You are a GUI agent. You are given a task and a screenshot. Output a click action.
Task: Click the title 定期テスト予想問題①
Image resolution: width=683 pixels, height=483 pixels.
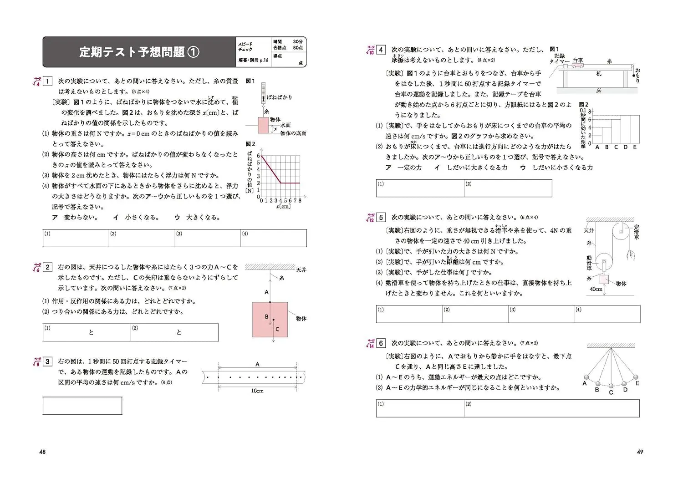point(139,52)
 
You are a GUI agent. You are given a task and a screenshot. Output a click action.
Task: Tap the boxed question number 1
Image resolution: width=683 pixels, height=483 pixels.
point(47,81)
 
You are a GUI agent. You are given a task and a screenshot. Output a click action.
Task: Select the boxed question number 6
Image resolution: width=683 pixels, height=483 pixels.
point(381,343)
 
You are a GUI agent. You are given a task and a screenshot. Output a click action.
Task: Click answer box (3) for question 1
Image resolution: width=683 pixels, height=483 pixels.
point(208,238)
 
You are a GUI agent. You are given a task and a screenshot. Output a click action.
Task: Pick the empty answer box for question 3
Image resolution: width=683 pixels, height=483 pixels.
point(82,406)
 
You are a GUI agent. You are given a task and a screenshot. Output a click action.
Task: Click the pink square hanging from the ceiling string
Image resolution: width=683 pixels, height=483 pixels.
point(270,320)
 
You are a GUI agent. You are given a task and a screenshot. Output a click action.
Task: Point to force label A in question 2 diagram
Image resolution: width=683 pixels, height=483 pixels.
point(267,292)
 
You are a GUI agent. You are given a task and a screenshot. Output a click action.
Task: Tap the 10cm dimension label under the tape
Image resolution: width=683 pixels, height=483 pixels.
point(257,391)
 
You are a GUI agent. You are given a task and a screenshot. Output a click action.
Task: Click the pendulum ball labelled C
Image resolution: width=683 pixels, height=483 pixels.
point(611,386)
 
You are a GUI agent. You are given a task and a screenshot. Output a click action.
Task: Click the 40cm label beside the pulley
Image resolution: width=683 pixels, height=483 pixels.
point(596,289)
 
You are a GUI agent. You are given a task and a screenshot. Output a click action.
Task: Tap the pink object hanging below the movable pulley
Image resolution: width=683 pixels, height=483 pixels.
point(604,279)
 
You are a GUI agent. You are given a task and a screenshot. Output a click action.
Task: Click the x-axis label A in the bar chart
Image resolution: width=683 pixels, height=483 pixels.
point(597,147)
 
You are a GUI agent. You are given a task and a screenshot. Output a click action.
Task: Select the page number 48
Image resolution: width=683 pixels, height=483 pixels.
point(42,452)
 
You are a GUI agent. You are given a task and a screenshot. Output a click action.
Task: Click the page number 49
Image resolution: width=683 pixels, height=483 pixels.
point(640,452)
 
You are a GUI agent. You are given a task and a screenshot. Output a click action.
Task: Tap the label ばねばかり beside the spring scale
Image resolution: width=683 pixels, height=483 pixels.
point(279,97)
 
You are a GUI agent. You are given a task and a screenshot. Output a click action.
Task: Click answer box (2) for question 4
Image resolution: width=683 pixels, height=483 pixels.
point(508,188)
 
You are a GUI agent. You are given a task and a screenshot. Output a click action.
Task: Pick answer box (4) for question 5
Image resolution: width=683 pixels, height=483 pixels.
point(607,314)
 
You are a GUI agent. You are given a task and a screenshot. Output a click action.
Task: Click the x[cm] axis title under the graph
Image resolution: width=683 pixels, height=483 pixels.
point(283,206)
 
